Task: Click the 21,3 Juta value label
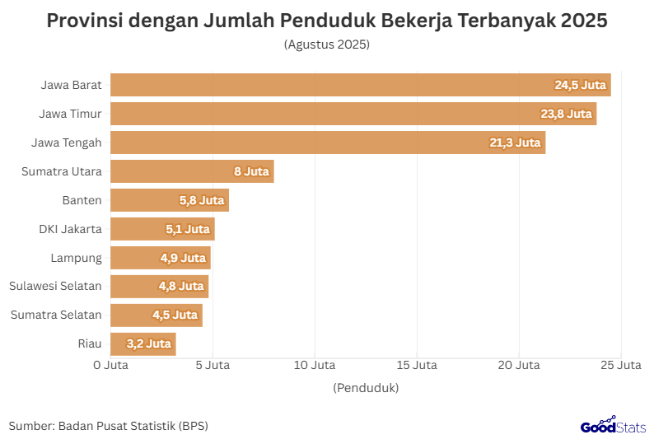pos(515,143)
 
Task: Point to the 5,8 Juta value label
pos(202,200)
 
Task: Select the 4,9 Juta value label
pos(183,258)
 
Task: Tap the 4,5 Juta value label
pos(175,315)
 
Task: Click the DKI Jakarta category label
pos(70,229)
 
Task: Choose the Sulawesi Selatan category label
pos(55,287)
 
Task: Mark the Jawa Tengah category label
pos(67,143)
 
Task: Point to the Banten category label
pos(82,200)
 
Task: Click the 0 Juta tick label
pos(110,364)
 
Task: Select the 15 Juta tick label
pos(416,364)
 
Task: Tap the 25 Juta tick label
pos(620,364)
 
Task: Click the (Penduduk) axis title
pos(366,387)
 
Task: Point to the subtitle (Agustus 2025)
pos(327,44)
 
